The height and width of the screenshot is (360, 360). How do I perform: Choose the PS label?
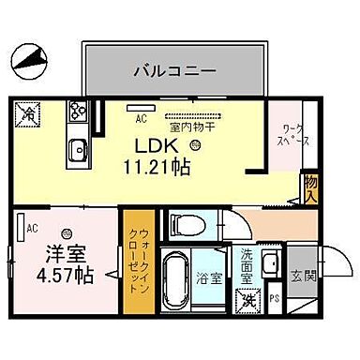coord(274,300)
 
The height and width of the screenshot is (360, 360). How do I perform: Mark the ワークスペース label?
coord(285,139)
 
